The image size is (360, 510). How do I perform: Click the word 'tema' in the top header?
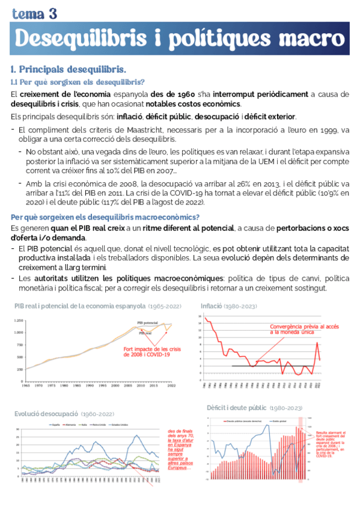(x=27, y=13)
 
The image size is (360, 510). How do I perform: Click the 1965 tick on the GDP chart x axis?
(x=26, y=377)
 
